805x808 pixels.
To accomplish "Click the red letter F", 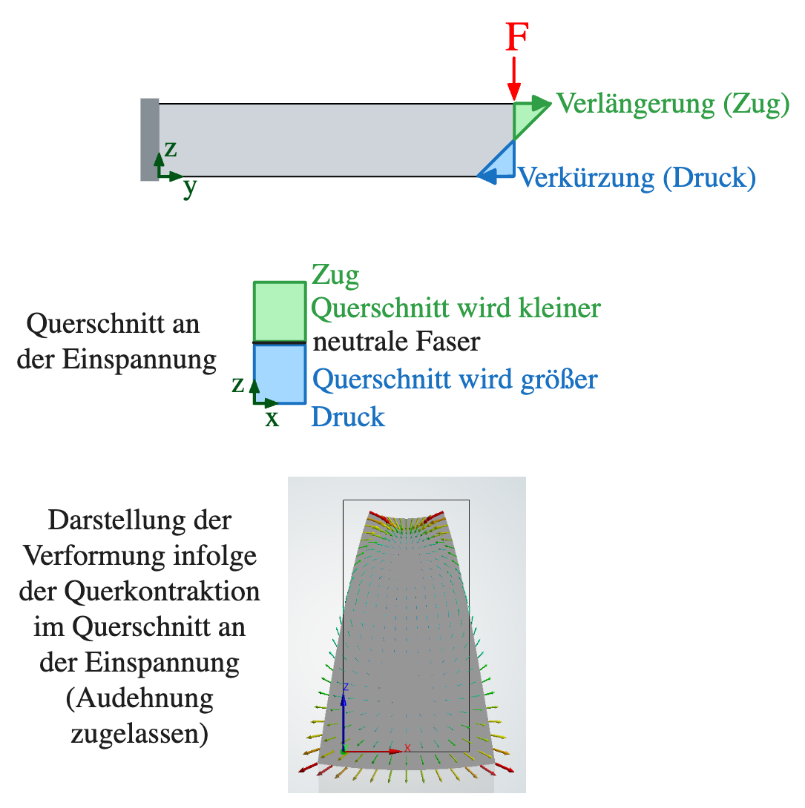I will tap(516, 38).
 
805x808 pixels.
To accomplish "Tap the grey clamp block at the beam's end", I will tap(149, 139).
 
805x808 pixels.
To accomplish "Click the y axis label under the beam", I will tap(190, 188).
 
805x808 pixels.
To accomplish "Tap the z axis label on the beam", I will tap(171, 148).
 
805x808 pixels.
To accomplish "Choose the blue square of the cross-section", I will tap(280, 373).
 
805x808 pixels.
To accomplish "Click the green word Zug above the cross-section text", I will tap(335, 275).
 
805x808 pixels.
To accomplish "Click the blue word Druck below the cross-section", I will tap(348, 417).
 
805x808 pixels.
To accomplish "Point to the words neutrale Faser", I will tap(396, 342).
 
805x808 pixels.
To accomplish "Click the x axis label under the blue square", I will tap(273, 419).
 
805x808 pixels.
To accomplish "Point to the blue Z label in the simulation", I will tap(345, 687).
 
